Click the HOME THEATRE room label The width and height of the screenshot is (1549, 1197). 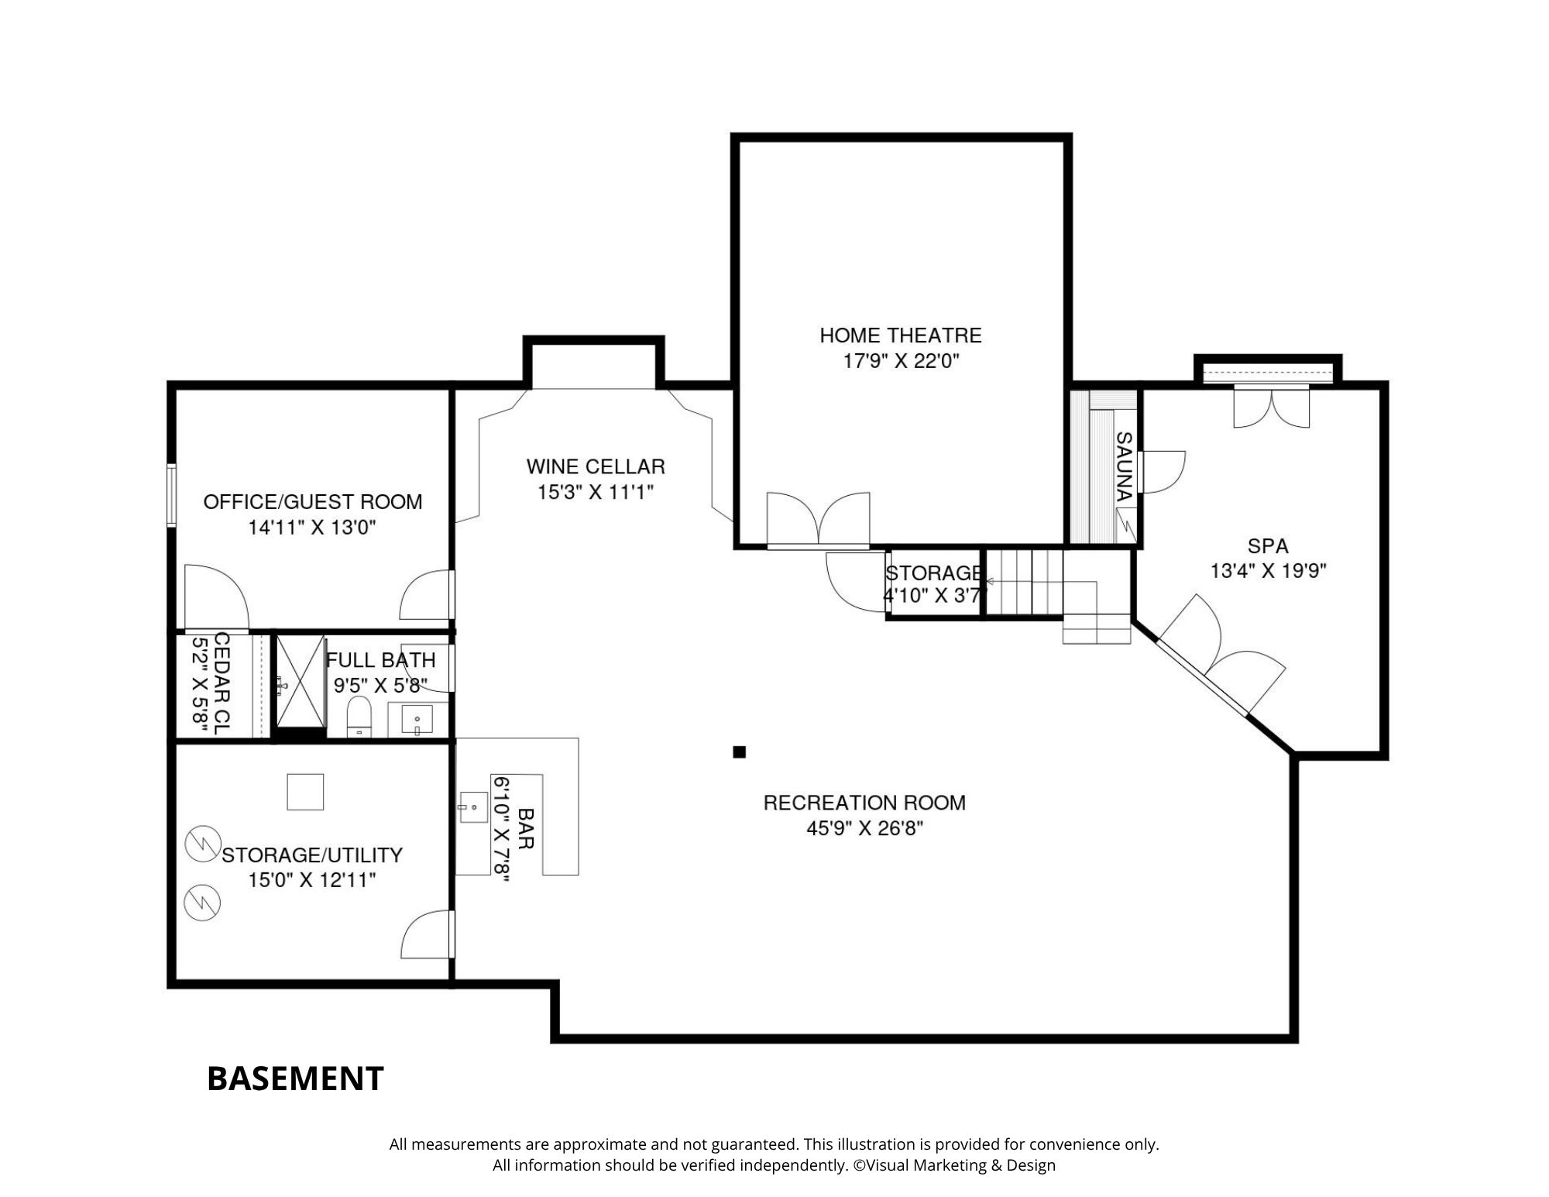click(901, 335)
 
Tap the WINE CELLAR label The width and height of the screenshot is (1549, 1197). click(596, 466)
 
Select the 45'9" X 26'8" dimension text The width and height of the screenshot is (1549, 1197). click(864, 828)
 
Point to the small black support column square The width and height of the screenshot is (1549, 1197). click(740, 752)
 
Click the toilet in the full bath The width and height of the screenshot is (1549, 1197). click(359, 716)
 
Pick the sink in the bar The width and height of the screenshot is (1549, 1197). click(472, 807)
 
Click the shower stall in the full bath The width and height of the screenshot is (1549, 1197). click(301, 683)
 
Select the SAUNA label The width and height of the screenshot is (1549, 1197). click(1124, 466)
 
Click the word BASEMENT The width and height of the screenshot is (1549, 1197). click(295, 1078)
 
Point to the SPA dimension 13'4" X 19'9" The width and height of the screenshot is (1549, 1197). click(1269, 571)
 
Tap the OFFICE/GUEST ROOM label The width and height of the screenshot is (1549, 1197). click(313, 502)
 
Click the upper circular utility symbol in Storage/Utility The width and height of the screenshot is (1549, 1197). click(203, 844)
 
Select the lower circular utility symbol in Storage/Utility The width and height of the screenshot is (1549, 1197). click(203, 902)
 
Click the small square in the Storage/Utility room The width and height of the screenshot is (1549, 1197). click(305, 792)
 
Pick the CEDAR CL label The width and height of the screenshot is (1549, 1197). click(222, 683)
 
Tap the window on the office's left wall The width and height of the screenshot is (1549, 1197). click(172, 495)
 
